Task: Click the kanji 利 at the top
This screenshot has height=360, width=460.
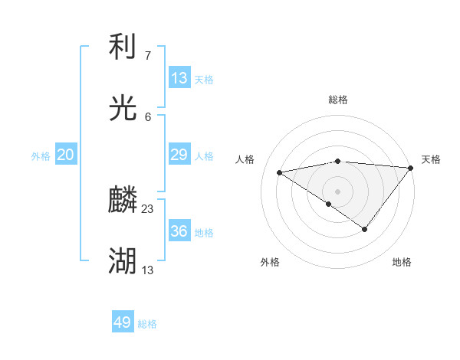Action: click(123, 48)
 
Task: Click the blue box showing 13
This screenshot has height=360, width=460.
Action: click(179, 77)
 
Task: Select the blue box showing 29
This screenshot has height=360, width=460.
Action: click(179, 155)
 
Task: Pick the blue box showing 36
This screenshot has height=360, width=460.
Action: click(179, 231)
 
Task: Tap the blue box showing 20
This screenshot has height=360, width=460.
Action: click(66, 155)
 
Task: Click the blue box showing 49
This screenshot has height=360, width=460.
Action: click(123, 322)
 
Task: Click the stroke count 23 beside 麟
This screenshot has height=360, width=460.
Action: click(148, 208)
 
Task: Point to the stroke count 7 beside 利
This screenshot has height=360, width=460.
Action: click(148, 55)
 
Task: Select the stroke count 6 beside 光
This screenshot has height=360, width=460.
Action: click(148, 116)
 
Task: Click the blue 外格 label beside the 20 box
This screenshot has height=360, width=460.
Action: click(41, 156)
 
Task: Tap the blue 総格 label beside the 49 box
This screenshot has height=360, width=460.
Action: click(147, 324)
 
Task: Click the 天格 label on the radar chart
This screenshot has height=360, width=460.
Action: click(431, 159)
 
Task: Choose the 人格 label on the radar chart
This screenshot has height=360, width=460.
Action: click(245, 159)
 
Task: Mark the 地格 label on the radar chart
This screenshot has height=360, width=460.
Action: click(402, 262)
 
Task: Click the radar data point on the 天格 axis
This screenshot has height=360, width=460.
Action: click(411, 167)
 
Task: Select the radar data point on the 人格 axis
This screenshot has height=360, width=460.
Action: click(279, 172)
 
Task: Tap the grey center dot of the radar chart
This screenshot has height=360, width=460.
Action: click(337, 191)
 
